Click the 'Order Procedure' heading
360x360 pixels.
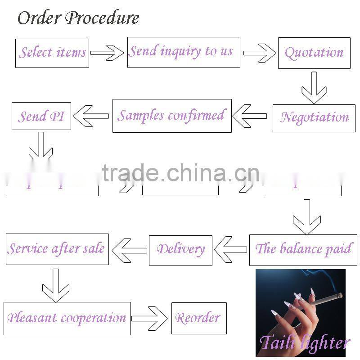coord(78,18)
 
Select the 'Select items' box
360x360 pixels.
coord(52,53)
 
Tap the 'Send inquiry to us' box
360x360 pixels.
coord(183,52)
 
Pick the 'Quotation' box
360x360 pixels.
coord(314,53)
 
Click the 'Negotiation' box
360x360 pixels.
coord(314,118)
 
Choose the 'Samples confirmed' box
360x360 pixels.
coord(172,116)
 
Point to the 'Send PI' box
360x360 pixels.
coord(41,117)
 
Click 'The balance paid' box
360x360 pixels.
coord(303,249)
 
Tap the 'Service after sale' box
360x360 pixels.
coord(57,249)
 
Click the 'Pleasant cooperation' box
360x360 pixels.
coord(67,318)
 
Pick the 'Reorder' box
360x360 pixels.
coord(198,318)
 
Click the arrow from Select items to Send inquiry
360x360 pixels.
coord(107,53)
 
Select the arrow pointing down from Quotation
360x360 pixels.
coord(314,87)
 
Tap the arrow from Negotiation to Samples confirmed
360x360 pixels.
coord(250,116)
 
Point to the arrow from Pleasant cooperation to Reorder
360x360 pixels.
coord(150,318)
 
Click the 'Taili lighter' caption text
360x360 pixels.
coord(304,343)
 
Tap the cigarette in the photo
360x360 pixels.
coord(322,299)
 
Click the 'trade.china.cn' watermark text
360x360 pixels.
coord(180,173)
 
